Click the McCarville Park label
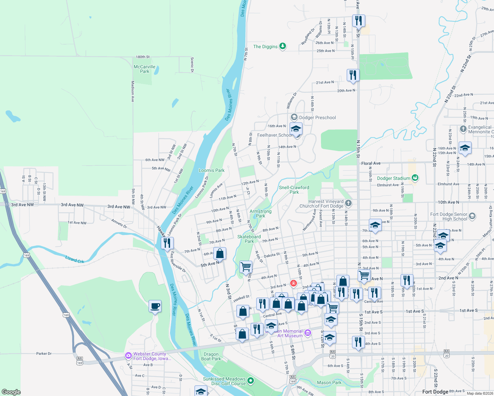[x=144, y=69]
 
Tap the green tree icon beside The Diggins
[x=283, y=46]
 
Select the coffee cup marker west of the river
[x=155, y=306]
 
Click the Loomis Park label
[x=211, y=170]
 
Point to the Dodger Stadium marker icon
[x=415, y=178]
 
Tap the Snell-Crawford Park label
[x=294, y=190]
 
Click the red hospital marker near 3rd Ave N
[x=293, y=283]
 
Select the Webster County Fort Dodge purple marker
[x=128, y=356]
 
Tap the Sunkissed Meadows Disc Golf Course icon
[x=251, y=381]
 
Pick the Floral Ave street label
[x=370, y=163]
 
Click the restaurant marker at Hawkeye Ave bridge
[x=167, y=243]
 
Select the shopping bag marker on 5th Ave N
[x=220, y=253]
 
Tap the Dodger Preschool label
[x=317, y=117]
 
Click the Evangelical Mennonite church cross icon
[x=463, y=129]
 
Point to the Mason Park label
[x=329, y=382]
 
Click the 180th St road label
[x=143, y=57]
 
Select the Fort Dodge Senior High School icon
[x=472, y=216]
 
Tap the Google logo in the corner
[x=11, y=392]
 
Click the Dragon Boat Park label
[x=211, y=356]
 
